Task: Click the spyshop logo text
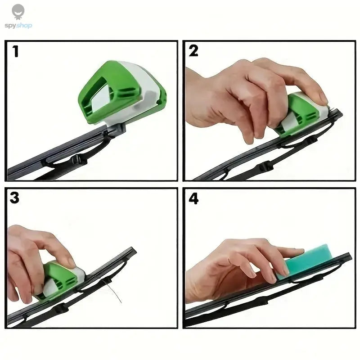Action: coord(18,26)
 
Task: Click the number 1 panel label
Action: coord(16,52)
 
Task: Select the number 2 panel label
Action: coord(193,51)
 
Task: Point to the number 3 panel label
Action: coord(15,198)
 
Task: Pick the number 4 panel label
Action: coord(194,198)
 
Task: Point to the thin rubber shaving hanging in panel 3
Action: coord(112,292)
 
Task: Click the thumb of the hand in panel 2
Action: coord(248,135)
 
